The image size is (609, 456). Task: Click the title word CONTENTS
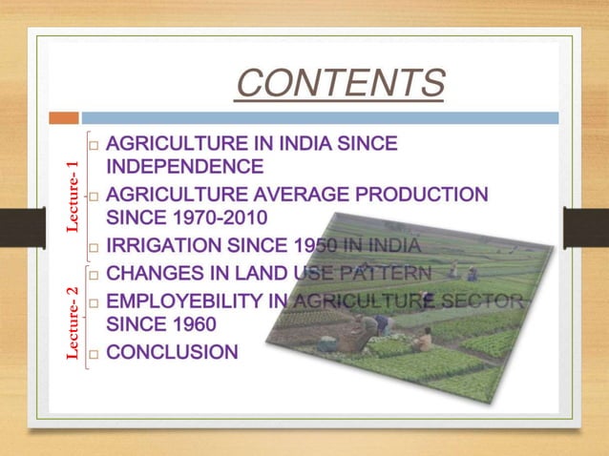[340, 84]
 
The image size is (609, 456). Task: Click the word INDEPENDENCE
[185, 167]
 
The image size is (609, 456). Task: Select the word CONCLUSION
[172, 353]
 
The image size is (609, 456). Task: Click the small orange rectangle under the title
[64, 117]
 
